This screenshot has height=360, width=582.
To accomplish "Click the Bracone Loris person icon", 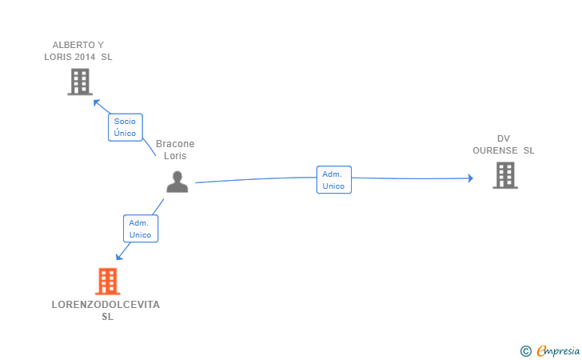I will [177, 182].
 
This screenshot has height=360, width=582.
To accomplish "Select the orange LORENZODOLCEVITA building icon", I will [107, 281].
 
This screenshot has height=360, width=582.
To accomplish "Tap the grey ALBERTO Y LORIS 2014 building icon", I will [79, 82].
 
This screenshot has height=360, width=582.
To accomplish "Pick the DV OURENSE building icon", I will [504, 175].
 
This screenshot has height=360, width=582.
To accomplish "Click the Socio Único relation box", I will [125, 126].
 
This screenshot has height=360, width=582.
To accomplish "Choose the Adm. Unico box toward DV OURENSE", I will [333, 180].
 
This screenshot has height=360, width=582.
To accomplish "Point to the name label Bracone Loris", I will [175, 150].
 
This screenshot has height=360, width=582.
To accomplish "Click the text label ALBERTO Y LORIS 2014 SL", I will [78, 50].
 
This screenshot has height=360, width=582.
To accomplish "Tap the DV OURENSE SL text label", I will [504, 144].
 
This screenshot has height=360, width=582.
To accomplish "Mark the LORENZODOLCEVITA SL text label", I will [106, 310].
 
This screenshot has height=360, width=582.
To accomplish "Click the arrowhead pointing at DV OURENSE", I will [471, 178].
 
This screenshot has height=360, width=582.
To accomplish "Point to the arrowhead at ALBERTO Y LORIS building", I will [96, 102].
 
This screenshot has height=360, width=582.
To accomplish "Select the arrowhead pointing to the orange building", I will [119, 256].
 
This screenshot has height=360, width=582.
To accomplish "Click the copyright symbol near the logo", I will [525, 350].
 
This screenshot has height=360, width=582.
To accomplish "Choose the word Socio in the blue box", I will [125, 121].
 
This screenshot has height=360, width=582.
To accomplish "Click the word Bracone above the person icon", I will [175, 144].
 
